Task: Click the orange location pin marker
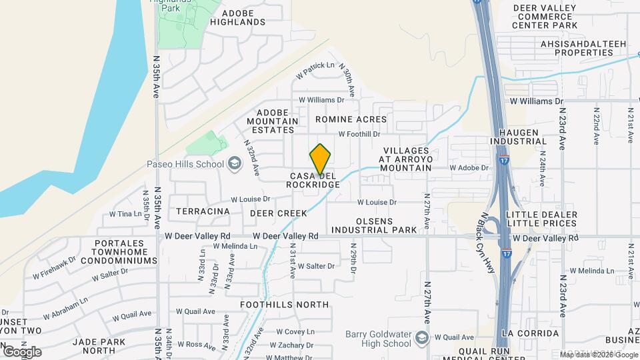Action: click(x=320, y=159)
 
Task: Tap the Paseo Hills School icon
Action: click(x=234, y=163)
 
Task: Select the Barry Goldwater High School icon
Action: click(x=421, y=338)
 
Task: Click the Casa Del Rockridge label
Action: click(x=313, y=180)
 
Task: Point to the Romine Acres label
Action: click(x=351, y=119)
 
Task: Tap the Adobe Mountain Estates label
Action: click(x=272, y=121)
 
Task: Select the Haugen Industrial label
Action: click(x=518, y=137)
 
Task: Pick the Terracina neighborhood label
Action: click(x=203, y=211)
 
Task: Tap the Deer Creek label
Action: click(x=279, y=213)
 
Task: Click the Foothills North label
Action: click(x=285, y=305)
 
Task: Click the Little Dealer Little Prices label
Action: click(x=541, y=219)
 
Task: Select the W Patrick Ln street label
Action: click(x=315, y=66)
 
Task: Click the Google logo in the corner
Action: click(x=22, y=351)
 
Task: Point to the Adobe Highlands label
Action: click(x=237, y=17)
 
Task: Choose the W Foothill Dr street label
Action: click(x=359, y=134)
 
